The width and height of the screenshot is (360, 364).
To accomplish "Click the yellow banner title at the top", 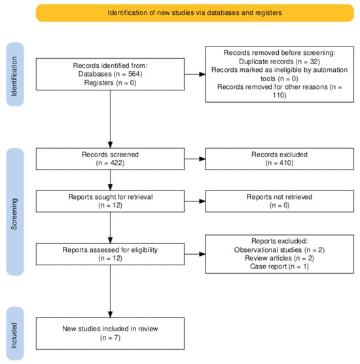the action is [194, 13].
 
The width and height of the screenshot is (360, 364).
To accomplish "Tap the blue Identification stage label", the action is [15, 74].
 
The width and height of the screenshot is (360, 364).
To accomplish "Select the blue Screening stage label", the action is [15, 211].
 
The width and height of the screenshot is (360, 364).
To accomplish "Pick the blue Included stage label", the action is [15, 334].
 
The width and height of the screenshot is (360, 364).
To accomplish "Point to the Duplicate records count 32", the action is [313, 62].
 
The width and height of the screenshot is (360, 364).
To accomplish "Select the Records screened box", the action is [110, 159].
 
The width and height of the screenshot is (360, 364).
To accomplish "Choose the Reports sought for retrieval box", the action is [110, 201].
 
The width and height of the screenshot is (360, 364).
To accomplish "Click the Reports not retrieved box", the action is [279, 201].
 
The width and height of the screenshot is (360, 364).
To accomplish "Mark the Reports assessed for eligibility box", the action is [110, 254].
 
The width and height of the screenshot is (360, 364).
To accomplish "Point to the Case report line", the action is [279, 266].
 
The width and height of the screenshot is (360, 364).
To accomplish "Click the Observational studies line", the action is [279, 250].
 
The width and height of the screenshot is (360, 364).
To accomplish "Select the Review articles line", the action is [279, 258].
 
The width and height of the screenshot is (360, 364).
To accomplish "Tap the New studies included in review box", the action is [110, 333].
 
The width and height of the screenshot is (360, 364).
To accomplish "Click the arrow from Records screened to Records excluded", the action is [195, 159].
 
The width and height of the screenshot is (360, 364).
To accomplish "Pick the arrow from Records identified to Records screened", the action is [110, 119].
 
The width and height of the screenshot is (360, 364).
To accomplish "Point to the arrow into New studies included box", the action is [110, 291].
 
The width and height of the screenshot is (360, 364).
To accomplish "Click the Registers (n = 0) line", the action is [110, 82].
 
